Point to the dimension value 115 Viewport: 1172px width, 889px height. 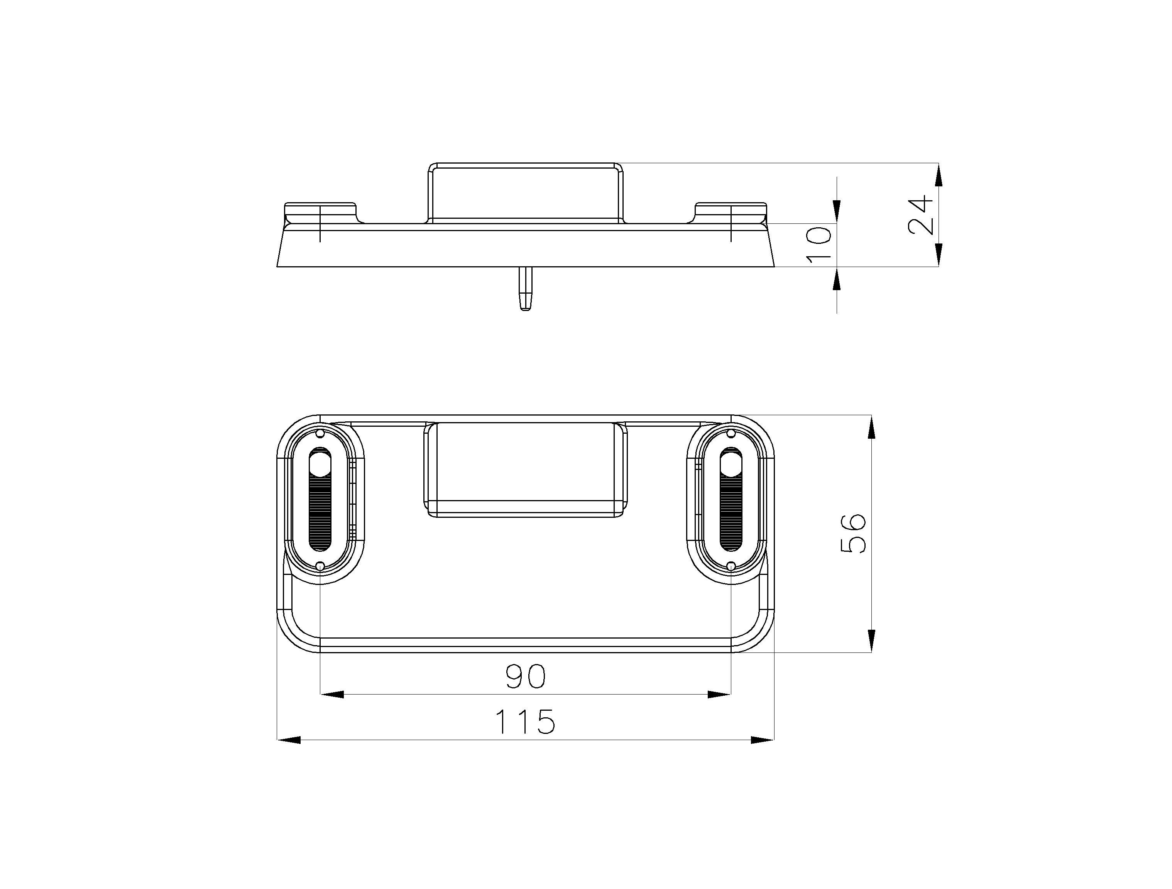point(526,722)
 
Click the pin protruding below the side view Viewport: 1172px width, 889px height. point(525,289)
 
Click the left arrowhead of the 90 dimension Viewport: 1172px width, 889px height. point(332,695)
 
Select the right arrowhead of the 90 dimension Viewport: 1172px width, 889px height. point(719,695)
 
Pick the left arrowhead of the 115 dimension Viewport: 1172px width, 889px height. point(289,740)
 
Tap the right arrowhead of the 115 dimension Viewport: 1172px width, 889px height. point(763,740)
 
